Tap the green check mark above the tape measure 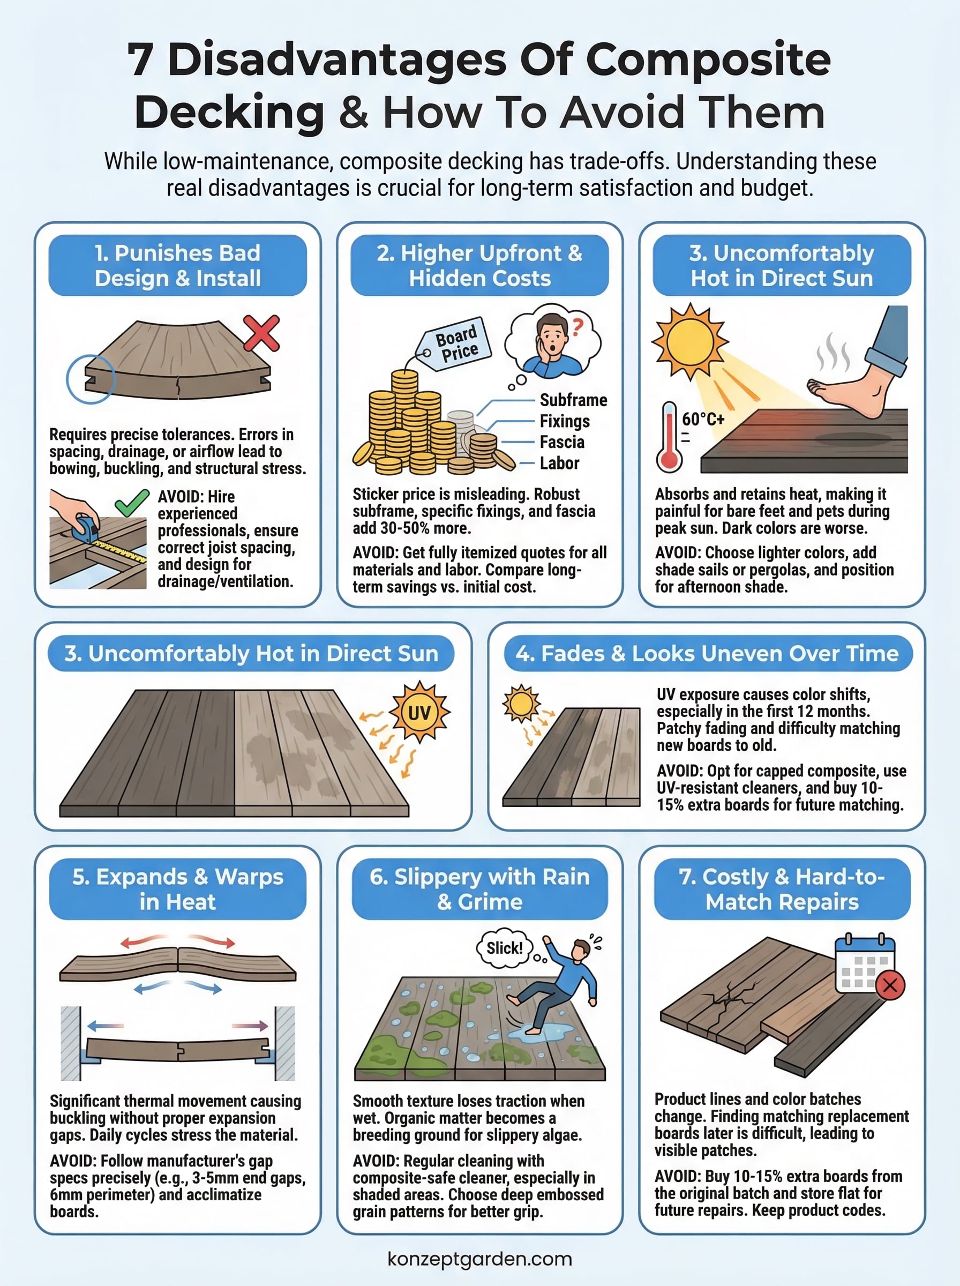click(132, 503)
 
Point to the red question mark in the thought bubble click(576, 328)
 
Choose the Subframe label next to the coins click(573, 400)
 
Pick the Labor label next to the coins click(559, 463)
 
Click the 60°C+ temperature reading click(703, 419)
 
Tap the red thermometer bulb click(669, 460)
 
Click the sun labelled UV click(419, 712)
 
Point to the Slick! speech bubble click(505, 948)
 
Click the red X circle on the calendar click(890, 985)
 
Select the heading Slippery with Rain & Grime click(479, 889)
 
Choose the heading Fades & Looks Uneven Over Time click(707, 654)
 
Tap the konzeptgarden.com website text click(479, 1259)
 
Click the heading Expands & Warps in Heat click(178, 889)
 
